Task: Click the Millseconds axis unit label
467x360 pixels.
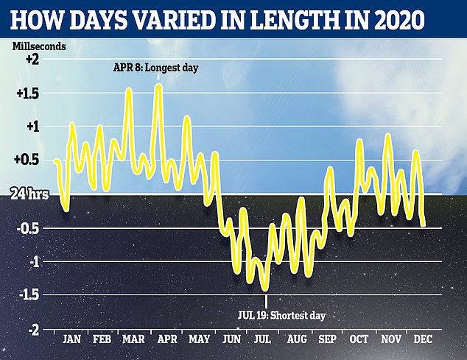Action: pos(39,46)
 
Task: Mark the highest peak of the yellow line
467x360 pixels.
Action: pos(158,86)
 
